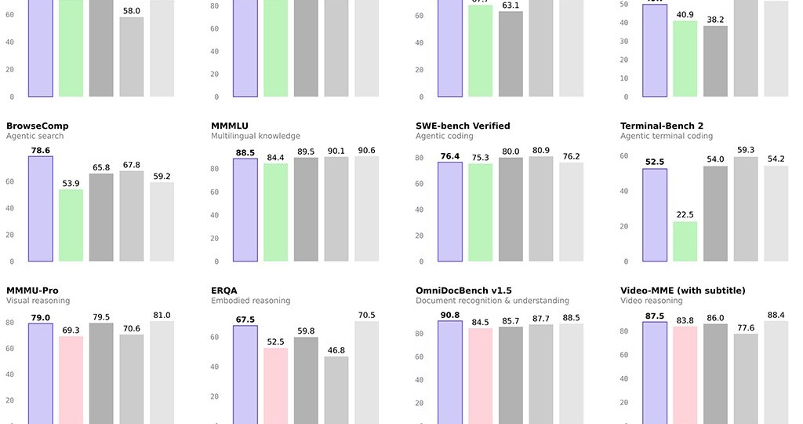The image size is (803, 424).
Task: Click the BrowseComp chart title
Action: [x=37, y=126]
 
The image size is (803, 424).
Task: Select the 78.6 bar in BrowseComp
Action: [x=41, y=209]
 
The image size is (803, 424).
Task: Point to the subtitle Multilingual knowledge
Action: [x=256, y=136]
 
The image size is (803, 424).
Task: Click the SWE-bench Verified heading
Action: [x=463, y=126]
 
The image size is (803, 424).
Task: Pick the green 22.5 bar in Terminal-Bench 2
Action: [x=685, y=241]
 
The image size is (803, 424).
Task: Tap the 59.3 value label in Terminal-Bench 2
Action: [x=746, y=150]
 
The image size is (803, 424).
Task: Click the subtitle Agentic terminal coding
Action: [x=667, y=136]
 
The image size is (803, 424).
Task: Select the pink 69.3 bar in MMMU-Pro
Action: [x=71, y=380]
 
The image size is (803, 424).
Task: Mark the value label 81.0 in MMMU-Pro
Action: [x=162, y=315]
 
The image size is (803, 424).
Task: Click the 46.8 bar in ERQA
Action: [x=336, y=390]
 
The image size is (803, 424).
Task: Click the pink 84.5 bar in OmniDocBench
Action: [x=480, y=376]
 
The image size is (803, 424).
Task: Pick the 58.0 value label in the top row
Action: [x=132, y=11]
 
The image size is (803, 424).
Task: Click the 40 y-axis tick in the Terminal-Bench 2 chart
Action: [x=625, y=191]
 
